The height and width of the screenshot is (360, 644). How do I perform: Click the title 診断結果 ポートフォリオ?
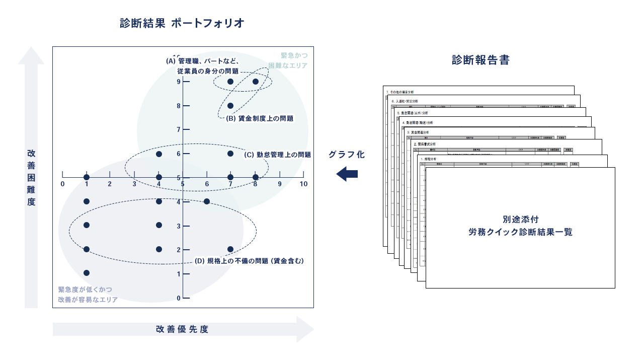click(182, 23)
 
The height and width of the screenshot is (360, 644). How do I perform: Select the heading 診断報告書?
click(480, 60)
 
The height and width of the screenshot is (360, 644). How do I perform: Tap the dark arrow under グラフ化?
click(347, 174)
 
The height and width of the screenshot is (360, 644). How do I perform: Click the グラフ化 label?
click(347, 155)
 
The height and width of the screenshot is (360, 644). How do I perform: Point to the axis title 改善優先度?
click(182, 329)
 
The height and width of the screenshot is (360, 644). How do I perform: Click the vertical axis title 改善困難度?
click(31, 178)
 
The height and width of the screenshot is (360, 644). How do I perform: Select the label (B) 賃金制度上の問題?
click(260, 119)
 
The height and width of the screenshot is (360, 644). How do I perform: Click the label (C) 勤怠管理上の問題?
click(277, 155)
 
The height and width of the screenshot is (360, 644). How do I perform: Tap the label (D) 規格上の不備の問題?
click(250, 261)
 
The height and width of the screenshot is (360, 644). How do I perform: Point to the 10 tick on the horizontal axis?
click(303, 184)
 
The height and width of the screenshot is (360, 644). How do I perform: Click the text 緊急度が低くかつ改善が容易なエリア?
click(88, 295)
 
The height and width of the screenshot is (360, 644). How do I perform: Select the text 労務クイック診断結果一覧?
click(520, 232)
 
